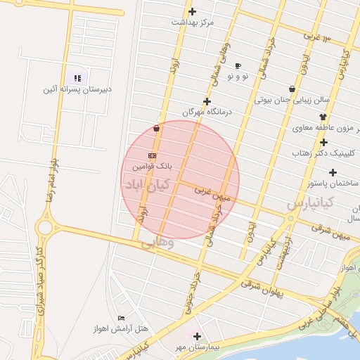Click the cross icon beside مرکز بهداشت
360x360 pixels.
point(192,11)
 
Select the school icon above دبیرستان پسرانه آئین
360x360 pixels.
point(77,78)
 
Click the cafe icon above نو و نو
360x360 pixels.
point(238,65)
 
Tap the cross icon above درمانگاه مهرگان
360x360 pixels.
point(206,101)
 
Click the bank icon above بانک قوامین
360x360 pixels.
point(152,155)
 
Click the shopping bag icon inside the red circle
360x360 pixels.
point(156,129)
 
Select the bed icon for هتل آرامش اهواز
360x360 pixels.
point(122,318)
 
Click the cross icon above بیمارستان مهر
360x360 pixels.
point(197,337)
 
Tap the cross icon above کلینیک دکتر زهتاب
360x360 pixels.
point(323,142)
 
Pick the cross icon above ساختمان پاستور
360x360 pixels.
point(332,172)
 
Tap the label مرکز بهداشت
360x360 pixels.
point(192,22)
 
